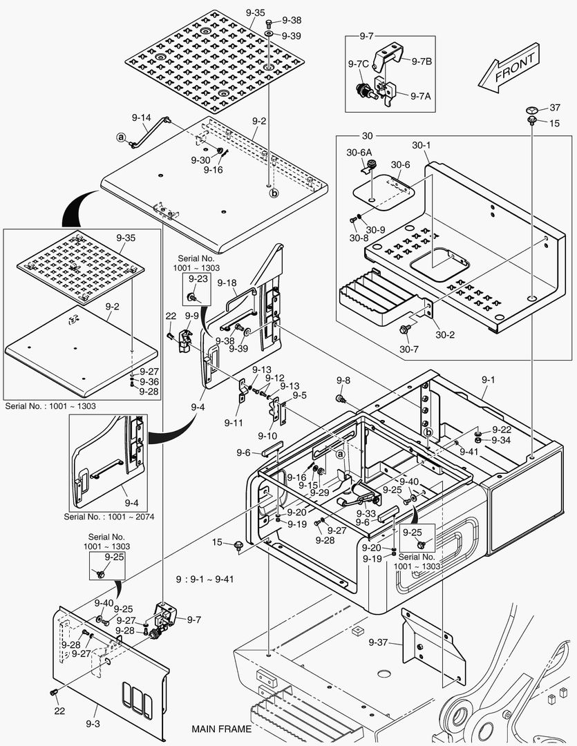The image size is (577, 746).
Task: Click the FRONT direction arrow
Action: coord(510,68)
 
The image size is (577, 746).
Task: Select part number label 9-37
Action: coord(378,642)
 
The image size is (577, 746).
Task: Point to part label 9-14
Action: coord(141,117)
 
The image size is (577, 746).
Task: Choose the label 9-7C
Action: coord(358,64)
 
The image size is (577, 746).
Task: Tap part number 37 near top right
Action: coord(554,108)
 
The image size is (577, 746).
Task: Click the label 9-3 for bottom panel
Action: coord(93,723)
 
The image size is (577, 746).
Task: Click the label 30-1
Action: coord(421,146)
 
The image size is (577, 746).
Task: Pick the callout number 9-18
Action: coord(227,283)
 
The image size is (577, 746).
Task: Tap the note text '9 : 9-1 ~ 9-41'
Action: coord(206,579)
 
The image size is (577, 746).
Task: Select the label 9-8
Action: coord(343,381)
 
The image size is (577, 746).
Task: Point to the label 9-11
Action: coord(233,421)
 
